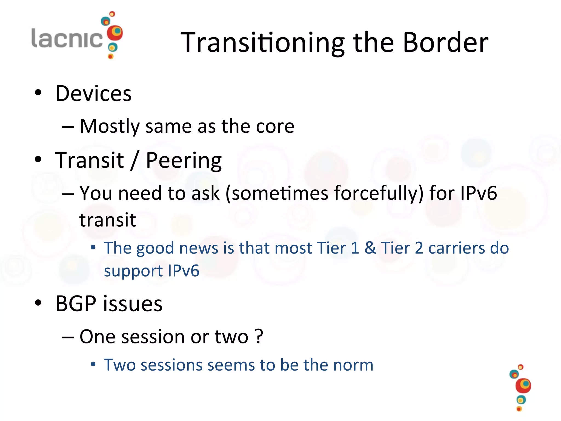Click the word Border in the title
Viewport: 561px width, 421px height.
[446, 42]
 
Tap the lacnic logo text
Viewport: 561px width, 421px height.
[67, 38]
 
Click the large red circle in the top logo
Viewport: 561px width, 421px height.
[115, 33]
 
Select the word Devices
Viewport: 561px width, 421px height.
[93, 93]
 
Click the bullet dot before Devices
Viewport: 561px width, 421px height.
[38, 93]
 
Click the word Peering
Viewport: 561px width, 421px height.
[184, 161]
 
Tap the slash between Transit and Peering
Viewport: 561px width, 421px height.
[134, 160]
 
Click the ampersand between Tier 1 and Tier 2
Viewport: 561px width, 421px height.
[370, 248]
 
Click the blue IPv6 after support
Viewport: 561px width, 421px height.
[183, 271]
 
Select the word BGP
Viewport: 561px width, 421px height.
[76, 304]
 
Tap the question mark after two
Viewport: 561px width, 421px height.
[259, 336]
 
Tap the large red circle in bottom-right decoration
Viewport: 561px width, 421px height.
[523, 385]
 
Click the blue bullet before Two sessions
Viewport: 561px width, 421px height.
[93, 364]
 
